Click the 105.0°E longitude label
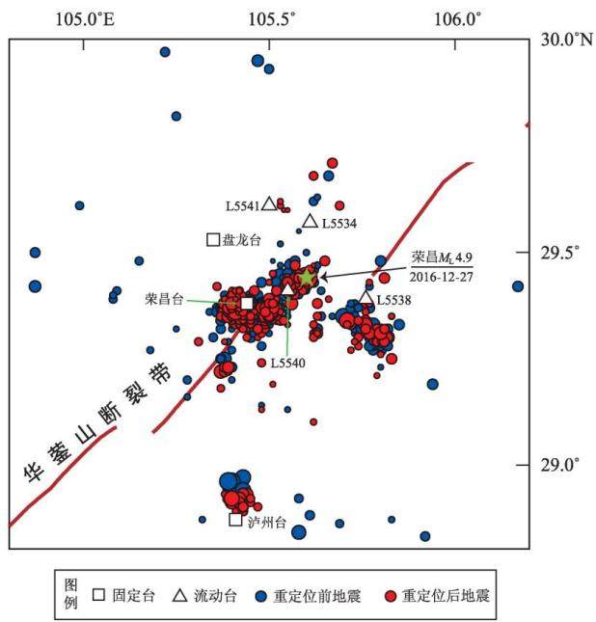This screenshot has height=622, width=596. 85,19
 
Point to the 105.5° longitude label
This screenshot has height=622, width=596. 272,19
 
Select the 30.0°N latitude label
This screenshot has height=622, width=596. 567,40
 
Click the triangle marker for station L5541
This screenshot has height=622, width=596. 269,203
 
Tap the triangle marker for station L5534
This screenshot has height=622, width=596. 311,221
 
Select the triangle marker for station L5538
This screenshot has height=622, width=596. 366,298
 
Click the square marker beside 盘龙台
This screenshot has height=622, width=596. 213,239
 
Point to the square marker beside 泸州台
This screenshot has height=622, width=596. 235,520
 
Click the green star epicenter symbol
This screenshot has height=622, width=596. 307,278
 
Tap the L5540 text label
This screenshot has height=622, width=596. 288,363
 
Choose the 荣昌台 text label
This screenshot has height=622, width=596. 164,299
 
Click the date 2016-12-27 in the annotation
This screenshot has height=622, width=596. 442,277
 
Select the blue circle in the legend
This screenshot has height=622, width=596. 260,596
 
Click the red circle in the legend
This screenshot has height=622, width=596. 391,596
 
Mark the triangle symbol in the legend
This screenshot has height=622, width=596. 180,595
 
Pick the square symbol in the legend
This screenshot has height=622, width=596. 98,595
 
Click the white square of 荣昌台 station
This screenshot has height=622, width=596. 247,304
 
